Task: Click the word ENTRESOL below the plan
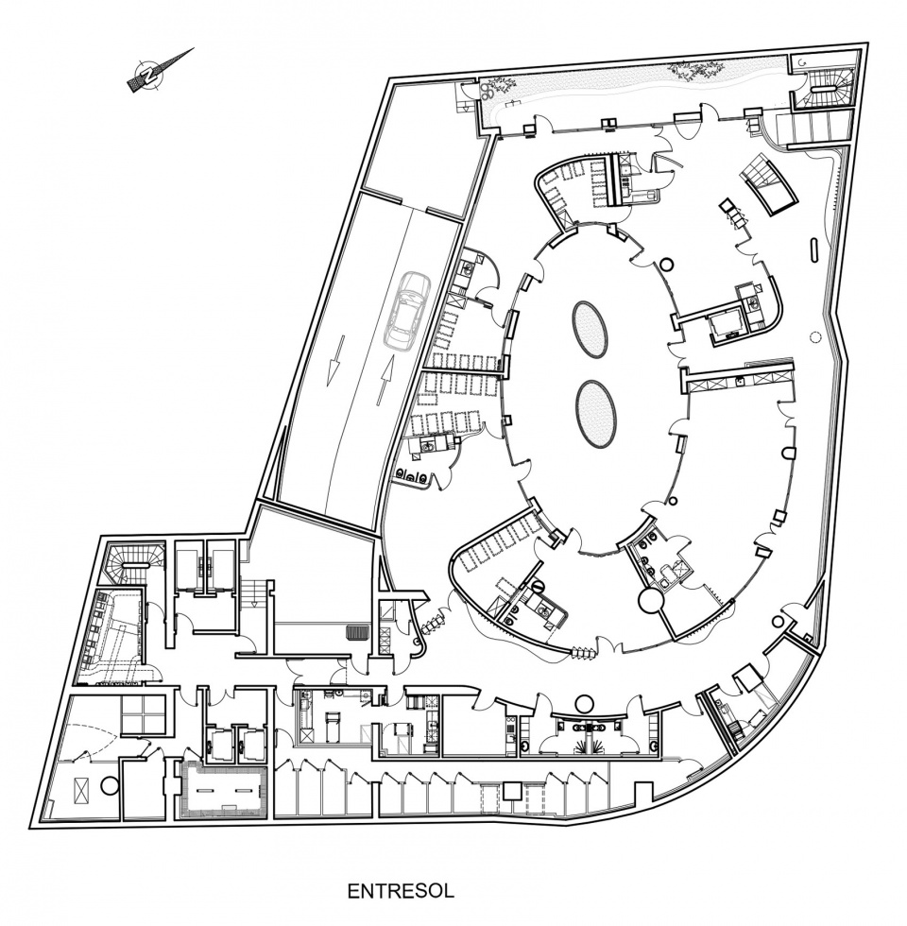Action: (x=401, y=890)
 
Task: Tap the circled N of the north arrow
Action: (x=147, y=75)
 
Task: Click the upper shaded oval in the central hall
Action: (x=590, y=329)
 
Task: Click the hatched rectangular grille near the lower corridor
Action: (x=357, y=632)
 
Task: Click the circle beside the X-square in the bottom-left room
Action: (x=110, y=786)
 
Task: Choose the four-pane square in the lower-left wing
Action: (x=143, y=714)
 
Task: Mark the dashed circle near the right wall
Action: (x=815, y=337)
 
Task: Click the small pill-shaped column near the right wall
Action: (x=813, y=249)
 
